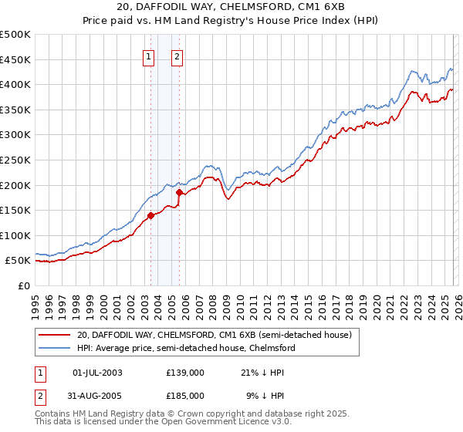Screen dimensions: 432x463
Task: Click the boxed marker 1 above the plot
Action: coord(148,56)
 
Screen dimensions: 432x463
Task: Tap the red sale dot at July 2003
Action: coord(150,216)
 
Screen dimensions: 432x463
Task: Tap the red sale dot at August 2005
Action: coord(179,192)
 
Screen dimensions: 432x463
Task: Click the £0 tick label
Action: coord(23,286)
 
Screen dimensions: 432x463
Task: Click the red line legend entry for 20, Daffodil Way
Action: coord(214,335)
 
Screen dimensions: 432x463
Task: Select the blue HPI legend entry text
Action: coord(186,348)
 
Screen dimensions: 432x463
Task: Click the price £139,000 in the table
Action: coord(184,372)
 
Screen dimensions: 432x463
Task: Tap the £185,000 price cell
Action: coord(184,395)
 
